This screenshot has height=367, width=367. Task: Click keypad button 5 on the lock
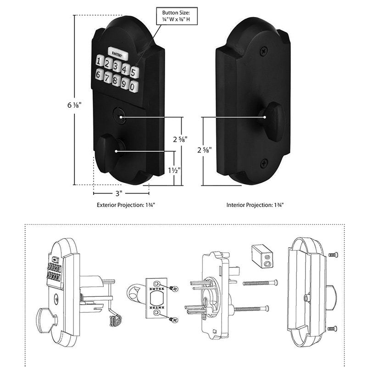134,72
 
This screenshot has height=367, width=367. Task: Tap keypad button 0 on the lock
133,86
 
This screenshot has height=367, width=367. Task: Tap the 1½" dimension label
174,170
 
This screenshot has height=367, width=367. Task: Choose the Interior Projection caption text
255,205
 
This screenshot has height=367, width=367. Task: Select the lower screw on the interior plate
263,162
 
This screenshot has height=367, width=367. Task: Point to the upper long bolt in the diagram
260,283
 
